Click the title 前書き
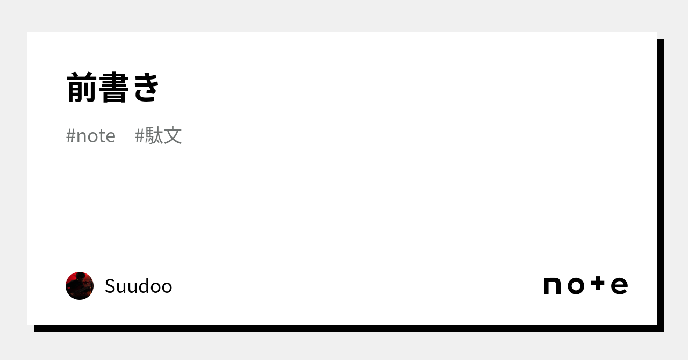[113, 87]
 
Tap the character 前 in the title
[82, 87]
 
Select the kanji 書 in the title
[114, 87]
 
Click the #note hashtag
[91, 136]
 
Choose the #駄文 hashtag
[158, 135]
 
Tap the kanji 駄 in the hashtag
[154, 135]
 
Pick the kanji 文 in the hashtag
[173, 135]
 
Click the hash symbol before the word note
[70, 136]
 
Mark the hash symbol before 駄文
[139, 136]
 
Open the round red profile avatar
[80, 286]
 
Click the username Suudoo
[139, 286]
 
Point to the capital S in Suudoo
[110, 286]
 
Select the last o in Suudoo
[166, 288]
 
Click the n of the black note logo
[552, 286]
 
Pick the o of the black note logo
[576, 286]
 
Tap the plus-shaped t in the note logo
[598, 283]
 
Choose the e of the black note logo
[619, 286]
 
